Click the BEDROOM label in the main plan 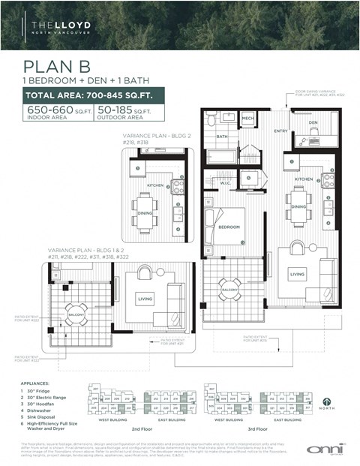coord(229,227)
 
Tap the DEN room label coord(313,122)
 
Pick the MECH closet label coord(247,119)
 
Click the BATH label coord(222,137)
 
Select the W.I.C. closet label coord(225,182)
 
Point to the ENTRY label coord(280,131)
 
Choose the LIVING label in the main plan coord(298,275)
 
